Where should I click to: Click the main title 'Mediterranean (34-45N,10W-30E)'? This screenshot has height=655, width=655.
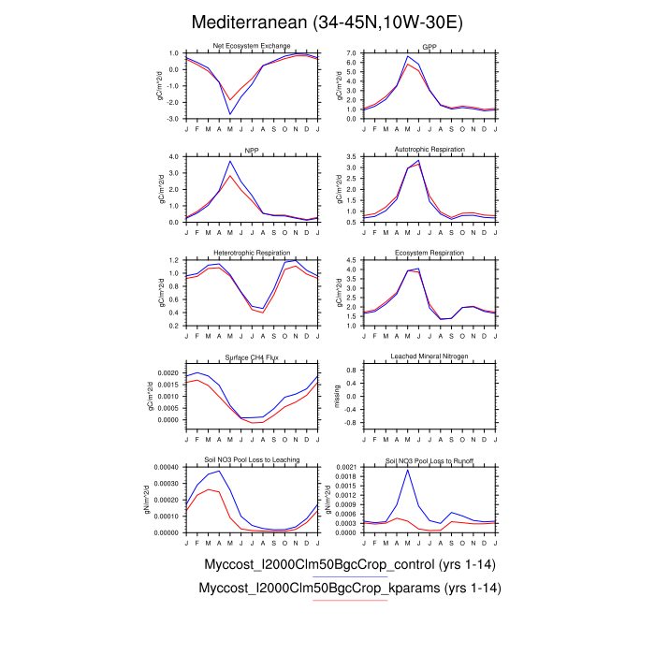[327, 21]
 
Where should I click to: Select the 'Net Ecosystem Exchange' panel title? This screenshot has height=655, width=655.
[252, 46]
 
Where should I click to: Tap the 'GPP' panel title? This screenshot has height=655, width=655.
[429, 46]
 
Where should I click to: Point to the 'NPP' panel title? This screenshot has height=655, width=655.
[252, 149]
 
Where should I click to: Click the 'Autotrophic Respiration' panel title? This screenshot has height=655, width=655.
[429, 149]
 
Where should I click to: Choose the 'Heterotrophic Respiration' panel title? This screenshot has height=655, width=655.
[252, 252]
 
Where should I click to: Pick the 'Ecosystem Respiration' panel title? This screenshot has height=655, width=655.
[429, 252]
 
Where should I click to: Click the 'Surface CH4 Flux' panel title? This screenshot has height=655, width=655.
[252, 356]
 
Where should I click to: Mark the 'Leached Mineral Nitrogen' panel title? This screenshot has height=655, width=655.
[429, 356]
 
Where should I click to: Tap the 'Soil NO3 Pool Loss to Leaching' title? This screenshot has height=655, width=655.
[252, 459]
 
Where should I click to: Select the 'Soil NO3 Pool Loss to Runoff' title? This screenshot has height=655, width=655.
[429, 459]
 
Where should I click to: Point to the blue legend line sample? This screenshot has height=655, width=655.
[348, 577]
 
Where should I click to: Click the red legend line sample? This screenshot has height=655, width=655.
[349, 601]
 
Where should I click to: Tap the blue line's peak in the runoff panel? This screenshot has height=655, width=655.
[407, 470]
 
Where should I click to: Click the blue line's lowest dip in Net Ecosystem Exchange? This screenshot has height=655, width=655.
[230, 114]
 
